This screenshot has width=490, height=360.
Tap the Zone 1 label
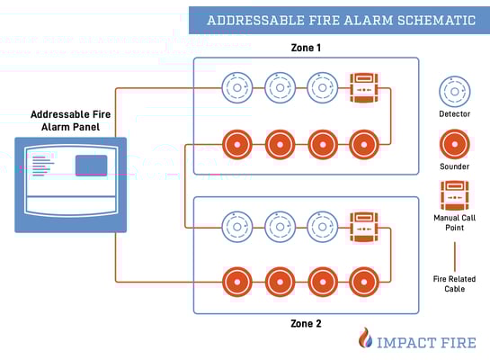[x=306, y=47]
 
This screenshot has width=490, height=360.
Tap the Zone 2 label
[x=306, y=323]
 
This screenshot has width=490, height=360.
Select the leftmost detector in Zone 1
[x=237, y=89]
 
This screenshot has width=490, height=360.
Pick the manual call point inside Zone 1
[x=363, y=89]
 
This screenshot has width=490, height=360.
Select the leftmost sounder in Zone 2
[x=237, y=280]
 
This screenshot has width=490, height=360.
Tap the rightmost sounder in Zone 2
[x=363, y=280]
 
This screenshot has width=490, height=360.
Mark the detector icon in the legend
[x=453, y=92]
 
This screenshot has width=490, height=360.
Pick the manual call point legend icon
[x=453, y=196]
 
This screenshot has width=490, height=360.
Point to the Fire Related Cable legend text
[x=453, y=284]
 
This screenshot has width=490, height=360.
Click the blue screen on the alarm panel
[x=91, y=166]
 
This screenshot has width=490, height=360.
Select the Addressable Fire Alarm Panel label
[x=70, y=121]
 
